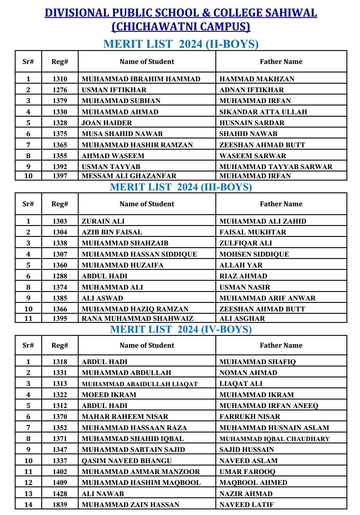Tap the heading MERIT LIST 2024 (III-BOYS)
pos(181,187)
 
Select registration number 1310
pos(60,79)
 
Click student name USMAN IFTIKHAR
pos(114,90)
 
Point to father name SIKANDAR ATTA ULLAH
pos(263,112)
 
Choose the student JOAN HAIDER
pos(107,123)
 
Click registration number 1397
pos(60,176)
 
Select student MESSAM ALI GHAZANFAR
pos(129,176)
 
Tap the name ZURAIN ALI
pos(103,221)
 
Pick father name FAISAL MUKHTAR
pos(252,232)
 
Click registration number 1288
pos(60,276)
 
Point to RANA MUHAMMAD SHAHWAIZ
pos(138,318)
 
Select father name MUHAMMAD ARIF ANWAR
pos(267,298)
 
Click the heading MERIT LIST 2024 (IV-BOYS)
pos(181,329)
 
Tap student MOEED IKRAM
pos(109,395)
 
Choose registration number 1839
pos(60,505)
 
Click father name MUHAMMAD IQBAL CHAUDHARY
pos(274,439)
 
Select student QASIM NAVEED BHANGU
pos(127,461)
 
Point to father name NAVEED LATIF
pos(247,505)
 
